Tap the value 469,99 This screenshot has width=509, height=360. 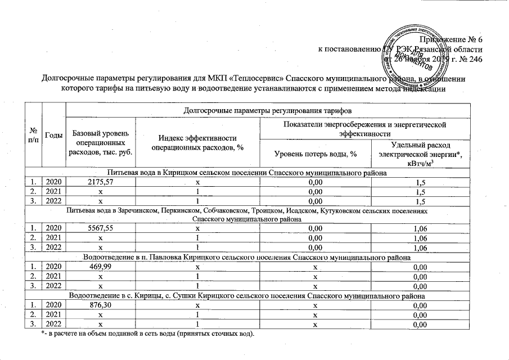(x=101, y=267)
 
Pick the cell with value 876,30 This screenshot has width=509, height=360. (x=101, y=305)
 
